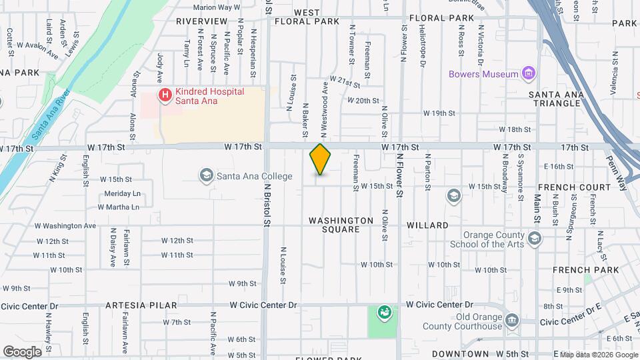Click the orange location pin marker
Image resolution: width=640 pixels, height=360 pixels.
(321, 159)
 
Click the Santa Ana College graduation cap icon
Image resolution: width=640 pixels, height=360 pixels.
(206, 175)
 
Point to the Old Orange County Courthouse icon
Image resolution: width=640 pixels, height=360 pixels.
(511, 321)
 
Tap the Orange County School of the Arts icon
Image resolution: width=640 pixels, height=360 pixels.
(534, 238)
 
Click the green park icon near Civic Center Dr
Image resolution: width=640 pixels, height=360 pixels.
(384, 311)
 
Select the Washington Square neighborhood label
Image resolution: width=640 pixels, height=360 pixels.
(341, 225)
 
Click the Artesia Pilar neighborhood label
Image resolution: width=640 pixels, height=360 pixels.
(141, 305)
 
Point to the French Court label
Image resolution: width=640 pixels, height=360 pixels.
(574, 187)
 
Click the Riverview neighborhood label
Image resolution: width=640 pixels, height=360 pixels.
(202, 21)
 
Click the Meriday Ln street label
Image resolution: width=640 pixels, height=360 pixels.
(123, 193)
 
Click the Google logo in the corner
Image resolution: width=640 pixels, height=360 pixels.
(22, 352)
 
